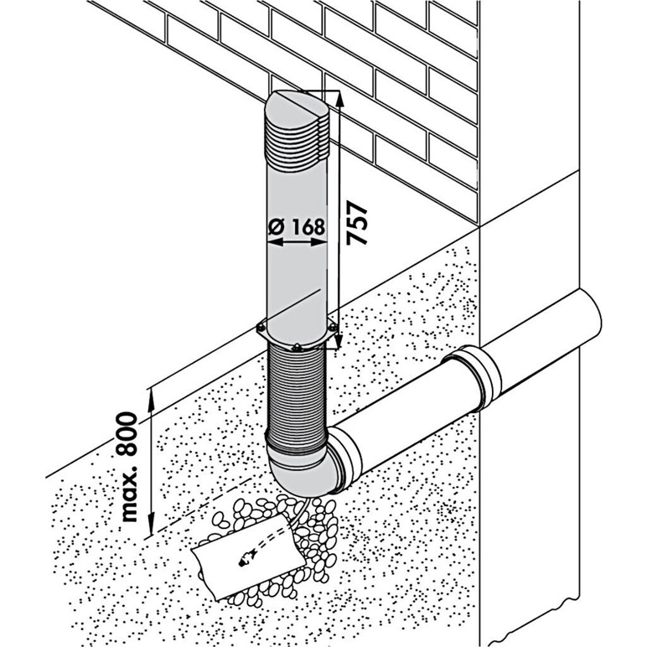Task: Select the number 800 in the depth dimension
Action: click(x=127, y=432)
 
